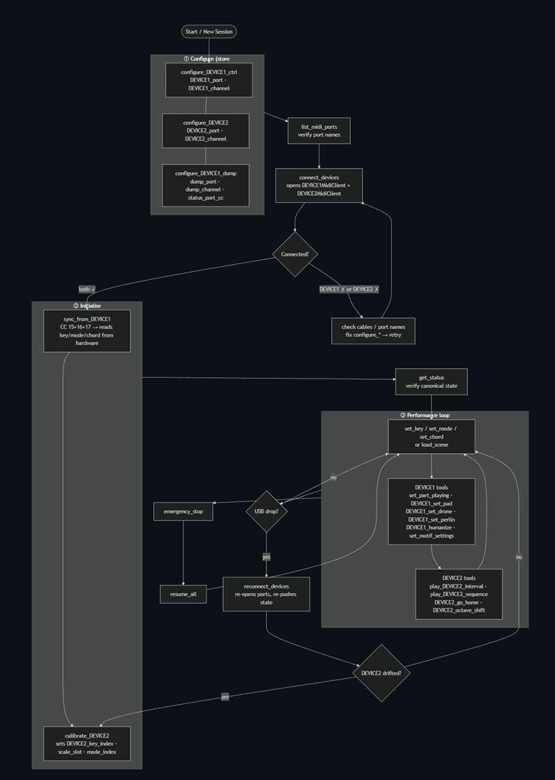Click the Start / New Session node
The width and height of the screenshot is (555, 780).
tap(208, 31)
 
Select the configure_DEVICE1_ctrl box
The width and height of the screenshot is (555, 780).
tap(208, 80)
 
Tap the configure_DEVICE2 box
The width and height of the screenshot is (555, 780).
tap(206, 130)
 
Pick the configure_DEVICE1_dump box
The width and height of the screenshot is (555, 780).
tap(206, 185)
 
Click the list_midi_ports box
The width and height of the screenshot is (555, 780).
tap(319, 130)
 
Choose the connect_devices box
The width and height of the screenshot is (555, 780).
tap(319, 185)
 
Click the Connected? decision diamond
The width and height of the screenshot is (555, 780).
tap(294, 254)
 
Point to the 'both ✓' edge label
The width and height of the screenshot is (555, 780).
tap(87, 289)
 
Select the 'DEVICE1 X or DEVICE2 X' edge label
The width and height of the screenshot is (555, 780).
tap(349, 289)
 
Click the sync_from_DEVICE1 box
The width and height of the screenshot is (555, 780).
tap(87, 331)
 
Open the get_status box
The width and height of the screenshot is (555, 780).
tap(431, 382)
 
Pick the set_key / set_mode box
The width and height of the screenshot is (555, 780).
tap(431, 436)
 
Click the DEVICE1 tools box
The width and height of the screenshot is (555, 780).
tap(431, 511)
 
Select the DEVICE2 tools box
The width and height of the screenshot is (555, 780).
tap(459, 594)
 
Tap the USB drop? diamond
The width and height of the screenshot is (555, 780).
tap(266, 511)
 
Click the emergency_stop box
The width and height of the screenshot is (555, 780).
tap(183, 512)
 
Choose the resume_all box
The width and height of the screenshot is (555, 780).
tap(183, 595)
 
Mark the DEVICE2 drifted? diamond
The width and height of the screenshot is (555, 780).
tap(381, 673)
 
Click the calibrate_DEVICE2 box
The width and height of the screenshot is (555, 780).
tap(87, 744)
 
